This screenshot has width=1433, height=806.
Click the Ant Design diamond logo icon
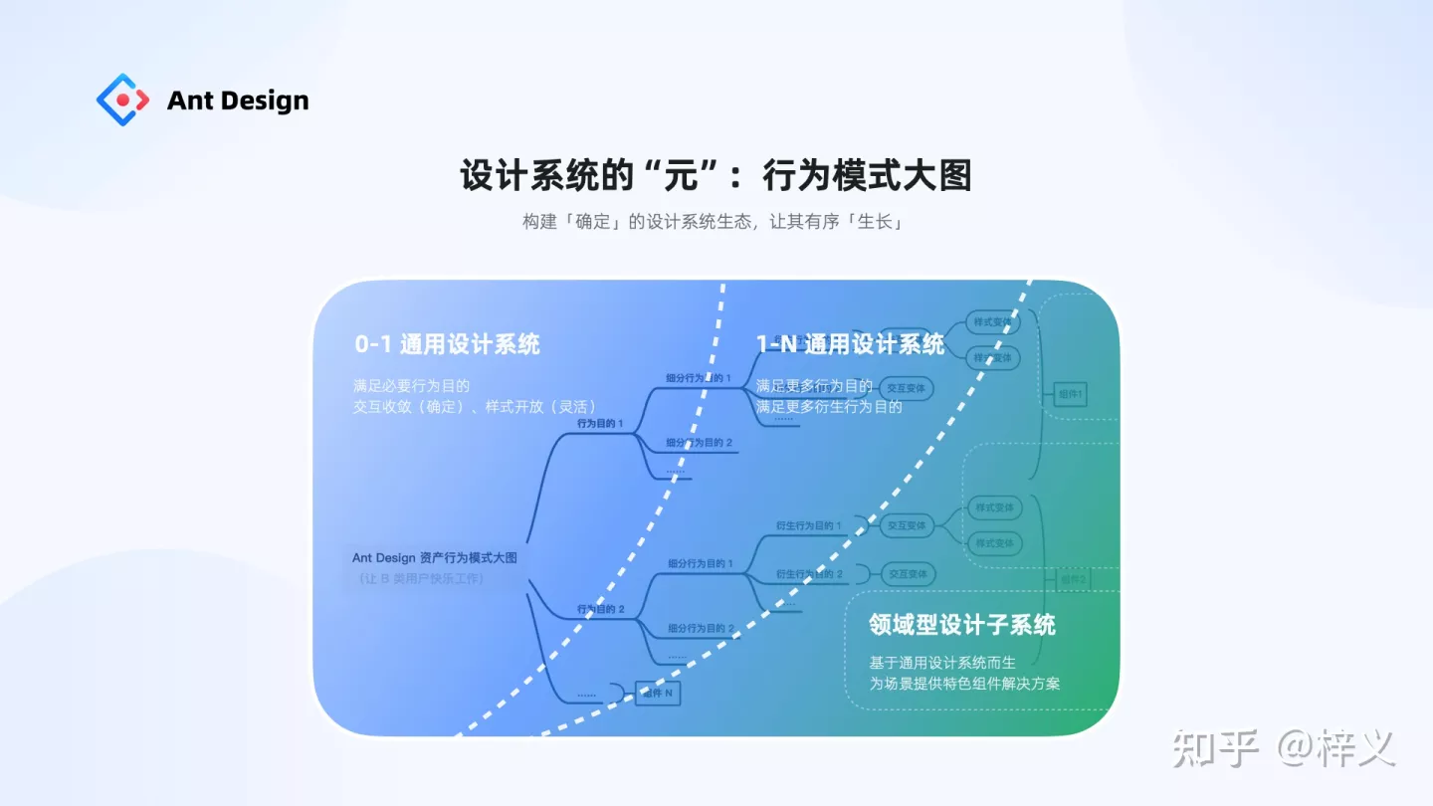point(122,100)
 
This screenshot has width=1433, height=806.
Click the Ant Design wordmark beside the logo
point(238,101)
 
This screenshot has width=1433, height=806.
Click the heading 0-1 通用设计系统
point(447,344)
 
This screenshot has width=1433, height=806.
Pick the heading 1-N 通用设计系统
point(850,344)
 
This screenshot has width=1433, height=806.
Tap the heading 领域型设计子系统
point(961,625)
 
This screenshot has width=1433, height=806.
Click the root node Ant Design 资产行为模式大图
point(435,557)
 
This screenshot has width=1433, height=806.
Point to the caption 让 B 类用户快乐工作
point(422,578)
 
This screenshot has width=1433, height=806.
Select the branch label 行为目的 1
point(600,423)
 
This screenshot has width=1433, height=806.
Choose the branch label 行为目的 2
point(600,608)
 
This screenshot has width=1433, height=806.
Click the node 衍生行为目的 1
point(808,525)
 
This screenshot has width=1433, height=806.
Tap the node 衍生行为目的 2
point(808,574)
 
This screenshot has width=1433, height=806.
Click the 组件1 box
point(1071,395)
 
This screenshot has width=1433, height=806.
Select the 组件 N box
point(658,693)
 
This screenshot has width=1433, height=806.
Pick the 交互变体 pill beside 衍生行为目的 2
point(907,574)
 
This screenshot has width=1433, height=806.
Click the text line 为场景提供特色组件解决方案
point(964,684)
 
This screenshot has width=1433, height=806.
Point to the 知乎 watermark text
point(1216,748)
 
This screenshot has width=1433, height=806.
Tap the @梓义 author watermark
point(1336,748)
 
